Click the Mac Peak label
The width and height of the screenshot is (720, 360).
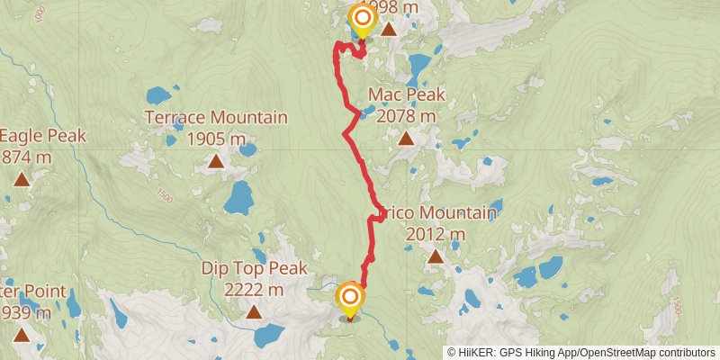point(406,95)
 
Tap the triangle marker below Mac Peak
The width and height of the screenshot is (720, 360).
point(406,139)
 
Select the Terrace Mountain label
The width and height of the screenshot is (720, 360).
point(216,117)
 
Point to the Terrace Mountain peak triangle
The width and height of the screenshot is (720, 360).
point(216,161)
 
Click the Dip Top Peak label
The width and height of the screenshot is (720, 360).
point(254,268)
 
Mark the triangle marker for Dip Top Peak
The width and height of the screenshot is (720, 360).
point(254,312)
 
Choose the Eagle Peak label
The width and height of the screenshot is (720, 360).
point(43,136)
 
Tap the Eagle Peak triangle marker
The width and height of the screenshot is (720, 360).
point(21,179)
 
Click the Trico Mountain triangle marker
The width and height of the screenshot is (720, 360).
point(436,256)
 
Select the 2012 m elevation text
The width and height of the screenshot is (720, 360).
point(436,234)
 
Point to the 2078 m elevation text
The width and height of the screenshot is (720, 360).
point(406,115)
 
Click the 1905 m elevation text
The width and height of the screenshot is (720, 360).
point(216,139)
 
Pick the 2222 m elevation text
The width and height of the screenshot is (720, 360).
point(254,290)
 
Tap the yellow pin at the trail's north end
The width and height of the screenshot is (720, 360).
point(362,20)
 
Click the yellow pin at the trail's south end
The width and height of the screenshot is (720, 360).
point(350,299)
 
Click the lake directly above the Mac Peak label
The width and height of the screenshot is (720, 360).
point(418,66)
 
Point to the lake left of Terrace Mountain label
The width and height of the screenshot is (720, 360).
point(158,94)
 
